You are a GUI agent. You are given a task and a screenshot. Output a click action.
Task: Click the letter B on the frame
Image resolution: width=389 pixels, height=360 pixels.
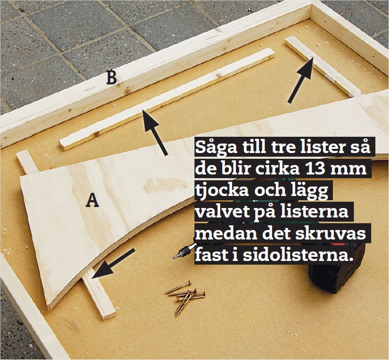(111, 78)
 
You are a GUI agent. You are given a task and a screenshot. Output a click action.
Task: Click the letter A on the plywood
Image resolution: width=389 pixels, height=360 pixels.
(92, 200)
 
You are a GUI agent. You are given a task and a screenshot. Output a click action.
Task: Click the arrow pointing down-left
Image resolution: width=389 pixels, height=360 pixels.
(113, 263)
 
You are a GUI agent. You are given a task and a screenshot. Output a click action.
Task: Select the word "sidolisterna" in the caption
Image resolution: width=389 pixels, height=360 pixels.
(297, 254)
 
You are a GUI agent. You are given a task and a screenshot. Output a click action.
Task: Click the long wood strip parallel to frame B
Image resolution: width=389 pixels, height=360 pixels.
(167, 99)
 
